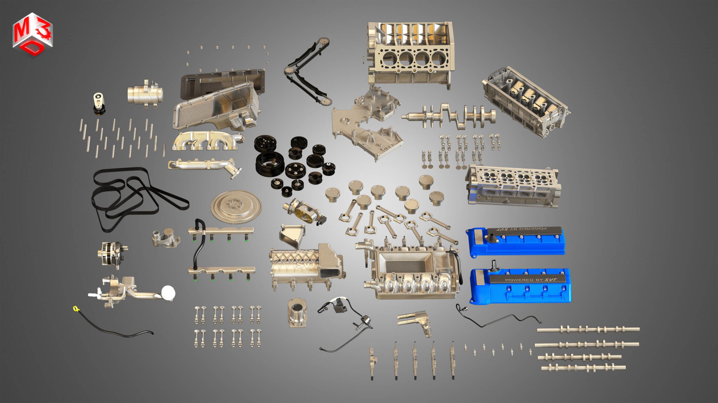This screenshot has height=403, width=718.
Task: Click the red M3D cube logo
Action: (x=32, y=35)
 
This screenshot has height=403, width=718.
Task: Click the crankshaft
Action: (x=449, y=116)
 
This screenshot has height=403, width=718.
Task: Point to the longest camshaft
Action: (x=588, y=330)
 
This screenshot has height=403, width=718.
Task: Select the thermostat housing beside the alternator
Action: (x=166, y=238)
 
